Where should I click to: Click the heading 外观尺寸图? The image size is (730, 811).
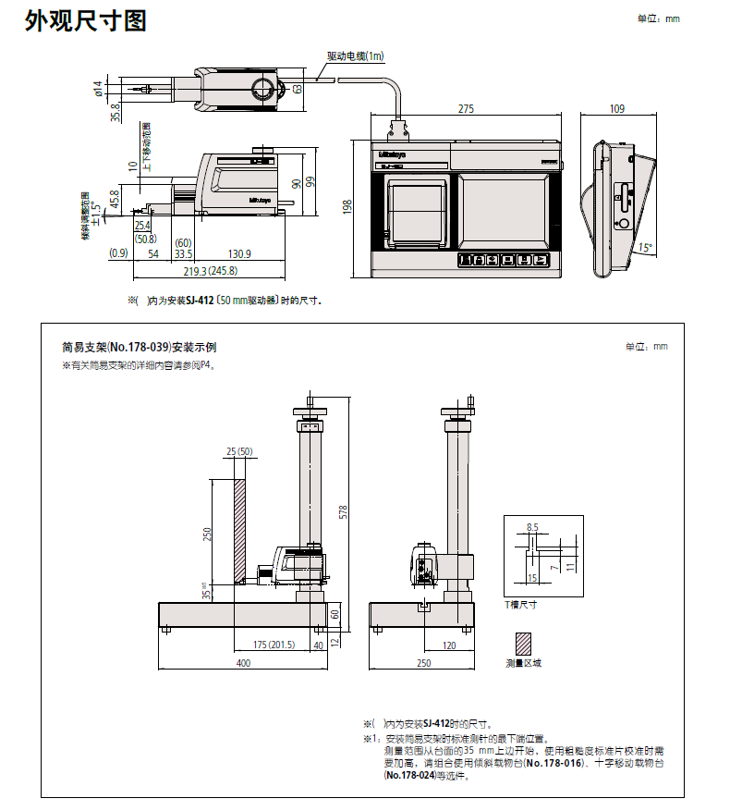click(x=85, y=20)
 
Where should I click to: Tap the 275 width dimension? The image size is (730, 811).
click(x=466, y=109)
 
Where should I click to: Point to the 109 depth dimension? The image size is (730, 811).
click(x=616, y=109)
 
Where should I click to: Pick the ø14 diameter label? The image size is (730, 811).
click(x=98, y=89)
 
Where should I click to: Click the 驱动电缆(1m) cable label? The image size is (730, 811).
click(x=356, y=56)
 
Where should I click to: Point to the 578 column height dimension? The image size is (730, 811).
click(x=344, y=512)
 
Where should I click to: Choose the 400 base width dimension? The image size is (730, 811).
click(x=242, y=663)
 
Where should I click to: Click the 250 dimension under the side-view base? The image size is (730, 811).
click(x=424, y=663)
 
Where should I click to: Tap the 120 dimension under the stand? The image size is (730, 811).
click(x=449, y=645)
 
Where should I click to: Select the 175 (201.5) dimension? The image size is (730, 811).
click(x=274, y=645)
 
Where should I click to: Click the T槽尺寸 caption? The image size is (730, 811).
click(x=520, y=604)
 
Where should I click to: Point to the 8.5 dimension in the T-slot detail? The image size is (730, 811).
click(x=531, y=526)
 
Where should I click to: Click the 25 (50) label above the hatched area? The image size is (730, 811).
click(x=240, y=451)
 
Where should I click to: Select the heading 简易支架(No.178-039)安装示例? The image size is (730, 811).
click(x=140, y=348)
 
